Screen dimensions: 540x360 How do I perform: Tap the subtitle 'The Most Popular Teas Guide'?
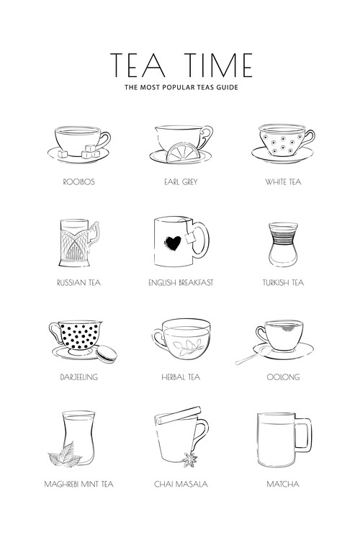(x=181, y=89)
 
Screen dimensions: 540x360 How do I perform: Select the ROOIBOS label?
(x=78, y=182)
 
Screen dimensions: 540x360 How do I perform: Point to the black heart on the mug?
(x=173, y=244)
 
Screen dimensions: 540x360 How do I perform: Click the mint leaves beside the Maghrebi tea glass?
(x=65, y=455)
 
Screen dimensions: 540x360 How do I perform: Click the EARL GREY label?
(x=181, y=182)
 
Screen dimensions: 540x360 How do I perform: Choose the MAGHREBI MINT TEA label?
(x=78, y=484)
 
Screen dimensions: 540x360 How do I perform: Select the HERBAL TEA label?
(x=181, y=377)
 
